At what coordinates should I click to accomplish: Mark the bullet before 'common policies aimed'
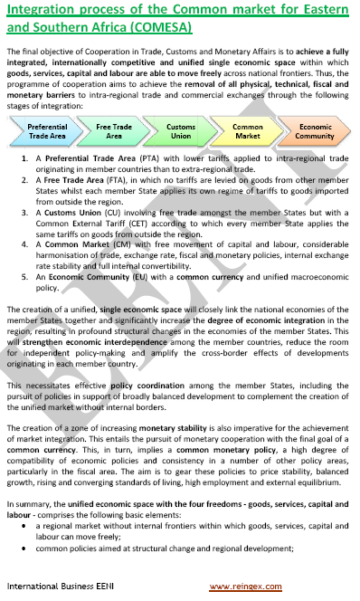pos(28,547)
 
